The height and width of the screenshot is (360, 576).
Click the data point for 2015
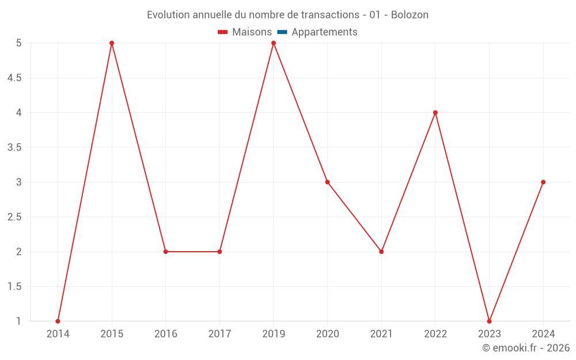point(112,43)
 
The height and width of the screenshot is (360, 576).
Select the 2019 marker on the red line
point(274,43)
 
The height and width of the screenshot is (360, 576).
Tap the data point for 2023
point(489,321)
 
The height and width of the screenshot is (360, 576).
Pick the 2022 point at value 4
point(435,112)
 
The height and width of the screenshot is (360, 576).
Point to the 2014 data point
point(58,321)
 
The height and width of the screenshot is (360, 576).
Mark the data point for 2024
point(543,182)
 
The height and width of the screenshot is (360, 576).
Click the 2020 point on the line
point(327,182)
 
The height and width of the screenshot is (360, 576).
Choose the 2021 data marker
point(381,252)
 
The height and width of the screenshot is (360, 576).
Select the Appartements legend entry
point(324,32)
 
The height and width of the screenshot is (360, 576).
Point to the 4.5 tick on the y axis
point(14,78)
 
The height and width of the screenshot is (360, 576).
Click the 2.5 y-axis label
point(14,217)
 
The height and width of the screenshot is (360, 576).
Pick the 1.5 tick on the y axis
point(14,286)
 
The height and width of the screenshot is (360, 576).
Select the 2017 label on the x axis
point(219,334)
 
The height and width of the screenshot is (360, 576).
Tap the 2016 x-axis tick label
point(165,334)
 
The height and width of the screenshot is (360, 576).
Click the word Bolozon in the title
point(410,15)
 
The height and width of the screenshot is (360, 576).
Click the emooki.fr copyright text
point(526,348)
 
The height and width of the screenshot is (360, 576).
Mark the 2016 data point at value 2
point(165,252)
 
